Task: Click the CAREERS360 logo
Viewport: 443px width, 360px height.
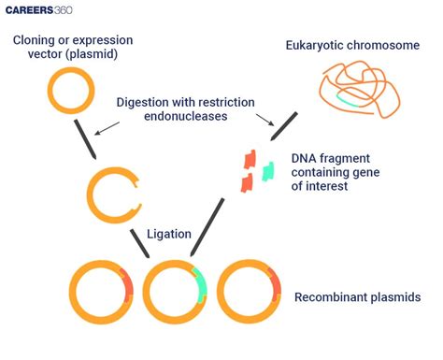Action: coord(48,14)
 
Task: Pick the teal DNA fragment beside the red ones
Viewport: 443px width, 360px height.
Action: coord(268,171)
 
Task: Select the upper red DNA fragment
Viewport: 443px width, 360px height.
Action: coord(250,160)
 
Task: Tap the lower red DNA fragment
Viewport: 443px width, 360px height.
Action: coord(248,182)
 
